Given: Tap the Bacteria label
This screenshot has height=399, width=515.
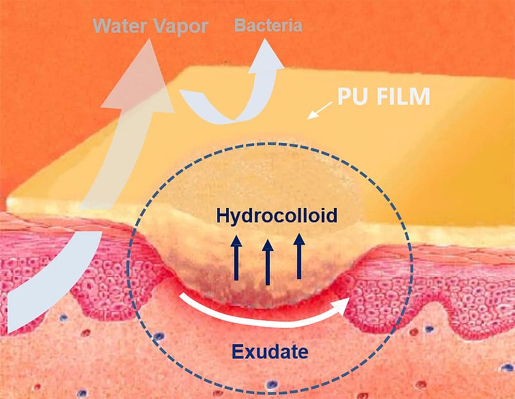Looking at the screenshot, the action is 268,25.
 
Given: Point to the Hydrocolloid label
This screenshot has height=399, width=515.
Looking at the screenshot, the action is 277,216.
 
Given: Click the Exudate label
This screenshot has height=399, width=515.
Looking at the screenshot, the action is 270,352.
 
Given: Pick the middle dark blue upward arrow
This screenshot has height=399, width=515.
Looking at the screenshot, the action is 268,262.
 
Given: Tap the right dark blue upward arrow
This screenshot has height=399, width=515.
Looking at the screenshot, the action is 299,257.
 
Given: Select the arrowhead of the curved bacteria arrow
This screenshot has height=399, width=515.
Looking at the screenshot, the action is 266,57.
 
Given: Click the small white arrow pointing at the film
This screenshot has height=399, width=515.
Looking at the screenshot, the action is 320,110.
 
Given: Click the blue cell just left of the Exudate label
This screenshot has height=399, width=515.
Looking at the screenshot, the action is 159,336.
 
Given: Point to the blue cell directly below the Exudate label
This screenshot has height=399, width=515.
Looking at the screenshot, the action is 272,384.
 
